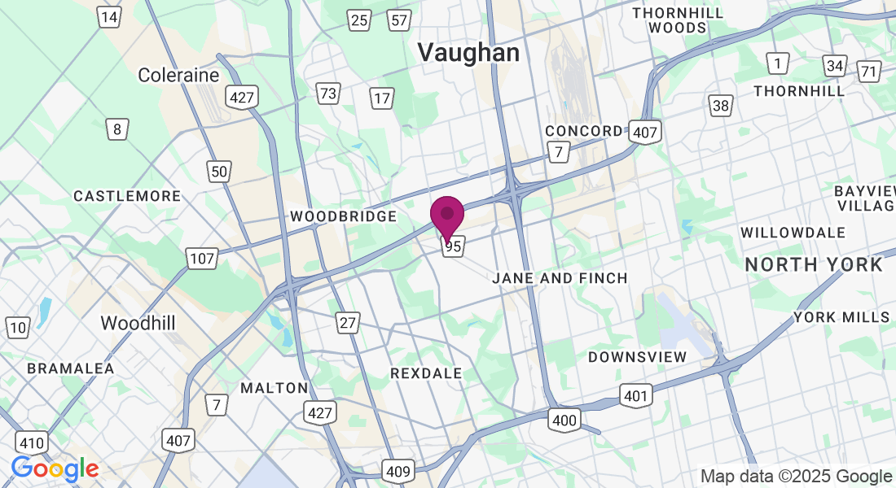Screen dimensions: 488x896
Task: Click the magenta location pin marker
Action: click(x=447, y=216)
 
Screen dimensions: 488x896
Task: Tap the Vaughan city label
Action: click(x=468, y=53)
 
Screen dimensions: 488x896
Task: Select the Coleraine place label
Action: click(x=178, y=75)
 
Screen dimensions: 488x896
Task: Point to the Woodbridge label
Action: click(x=343, y=216)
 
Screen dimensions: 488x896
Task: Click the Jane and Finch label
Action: click(x=560, y=278)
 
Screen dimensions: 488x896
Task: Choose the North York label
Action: click(x=813, y=264)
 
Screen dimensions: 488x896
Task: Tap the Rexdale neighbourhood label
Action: click(x=426, y=373)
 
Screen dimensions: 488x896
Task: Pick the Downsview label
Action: click(x=638, y=356)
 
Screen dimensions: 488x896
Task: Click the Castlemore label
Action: click(x=127, y=196)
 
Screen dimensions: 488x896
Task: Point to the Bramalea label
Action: click(x=71, y=368)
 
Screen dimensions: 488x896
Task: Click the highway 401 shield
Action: click(x=635, y=396)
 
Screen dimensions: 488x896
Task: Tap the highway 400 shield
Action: click(x=564, y=420)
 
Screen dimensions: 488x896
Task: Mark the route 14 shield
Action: click(x=109, y=17)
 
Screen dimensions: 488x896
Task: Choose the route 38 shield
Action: click(x=721, y=105)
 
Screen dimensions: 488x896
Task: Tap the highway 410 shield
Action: click(x=31, y=443)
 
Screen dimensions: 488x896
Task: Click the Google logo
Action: click(x=55, y=469)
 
